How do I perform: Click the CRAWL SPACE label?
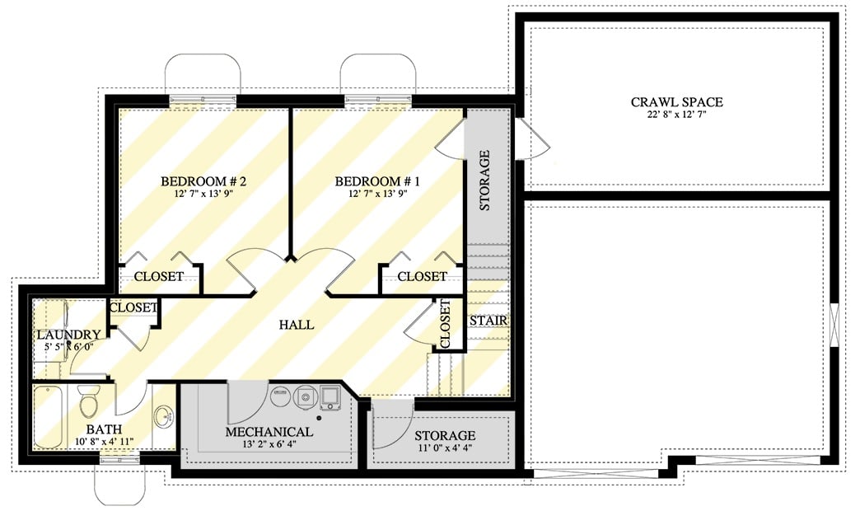676,102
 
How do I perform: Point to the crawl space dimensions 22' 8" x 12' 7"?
676,115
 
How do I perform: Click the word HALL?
296,325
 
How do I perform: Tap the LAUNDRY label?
68,335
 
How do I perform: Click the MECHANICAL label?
269,432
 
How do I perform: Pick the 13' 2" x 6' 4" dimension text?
269,445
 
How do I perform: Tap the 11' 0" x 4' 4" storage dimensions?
445,448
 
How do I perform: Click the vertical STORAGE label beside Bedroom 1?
484,180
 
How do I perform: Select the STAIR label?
488,321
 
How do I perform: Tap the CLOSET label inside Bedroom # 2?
158,276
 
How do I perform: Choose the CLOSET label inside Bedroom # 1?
422,276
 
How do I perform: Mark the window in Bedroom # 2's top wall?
203,101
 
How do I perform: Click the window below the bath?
120,459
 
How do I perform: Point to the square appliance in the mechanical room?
331,396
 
